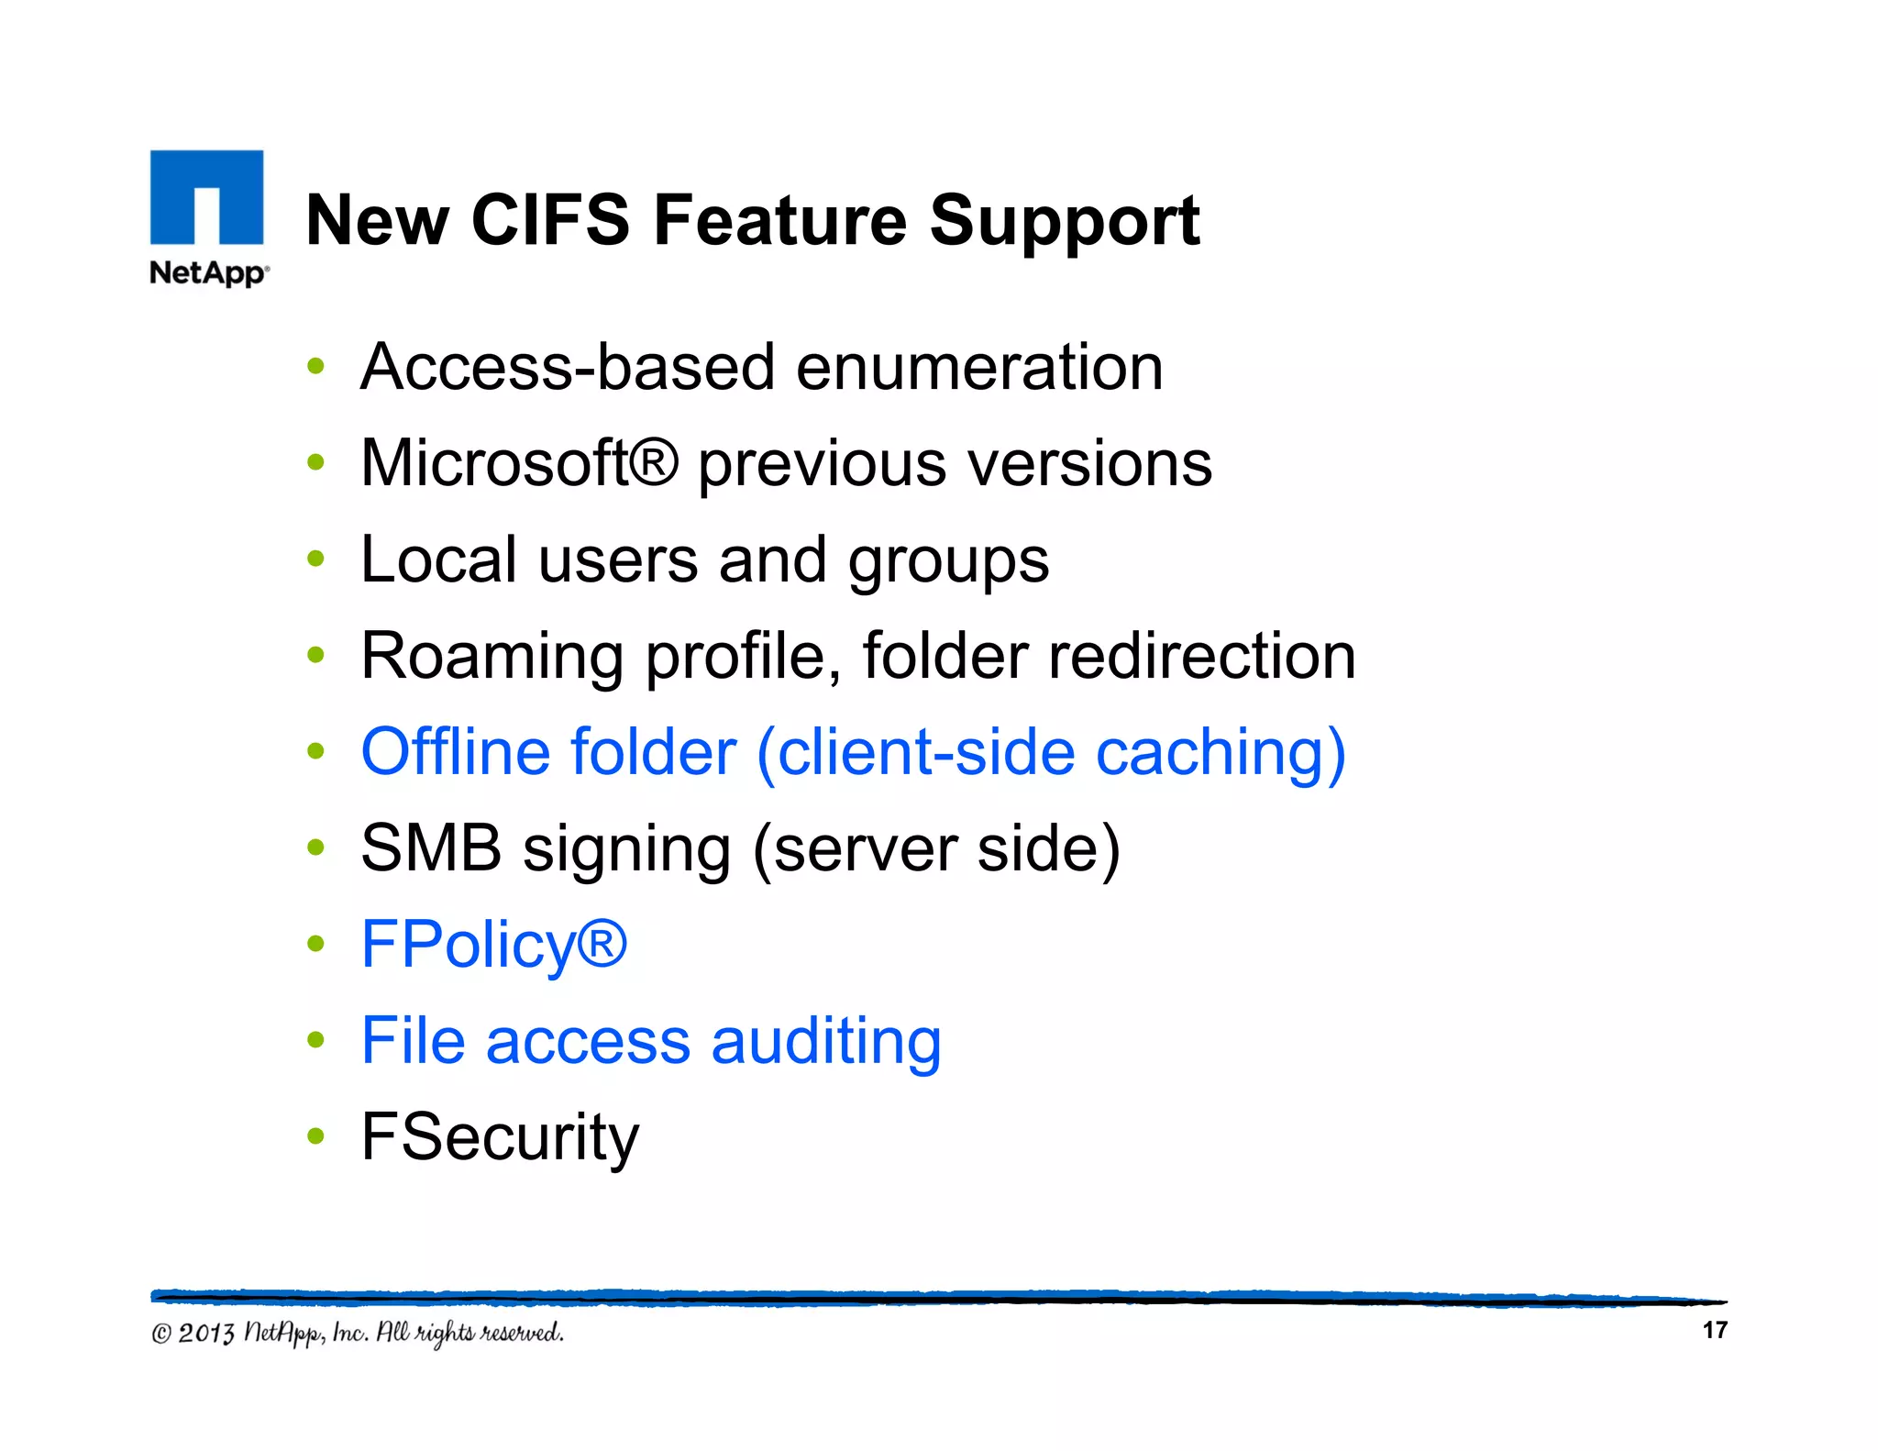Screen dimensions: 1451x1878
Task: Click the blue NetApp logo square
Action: tap(206, 197)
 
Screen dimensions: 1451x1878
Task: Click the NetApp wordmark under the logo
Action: tap(208, 272)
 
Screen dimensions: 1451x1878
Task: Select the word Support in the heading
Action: tap(1064, 222)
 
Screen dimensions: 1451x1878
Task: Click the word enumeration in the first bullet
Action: tap(979, 368)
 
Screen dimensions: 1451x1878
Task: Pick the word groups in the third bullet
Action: tap(947, 561)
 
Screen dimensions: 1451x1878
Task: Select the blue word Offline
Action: tap(456, 753)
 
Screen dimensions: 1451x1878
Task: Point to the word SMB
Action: tap(431, 848)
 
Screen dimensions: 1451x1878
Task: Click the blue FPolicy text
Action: tap(493, 946)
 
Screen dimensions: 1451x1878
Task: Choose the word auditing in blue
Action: tap(825, 1043)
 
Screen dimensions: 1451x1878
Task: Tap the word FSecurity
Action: tap(500, 1138)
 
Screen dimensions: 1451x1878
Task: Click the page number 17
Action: tap(1714, 1330)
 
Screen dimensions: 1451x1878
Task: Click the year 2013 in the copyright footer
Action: tap(206, 1333)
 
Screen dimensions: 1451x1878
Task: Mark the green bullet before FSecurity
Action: tap(316, 1137)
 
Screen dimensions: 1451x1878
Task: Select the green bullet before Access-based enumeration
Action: tap(316, 367)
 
